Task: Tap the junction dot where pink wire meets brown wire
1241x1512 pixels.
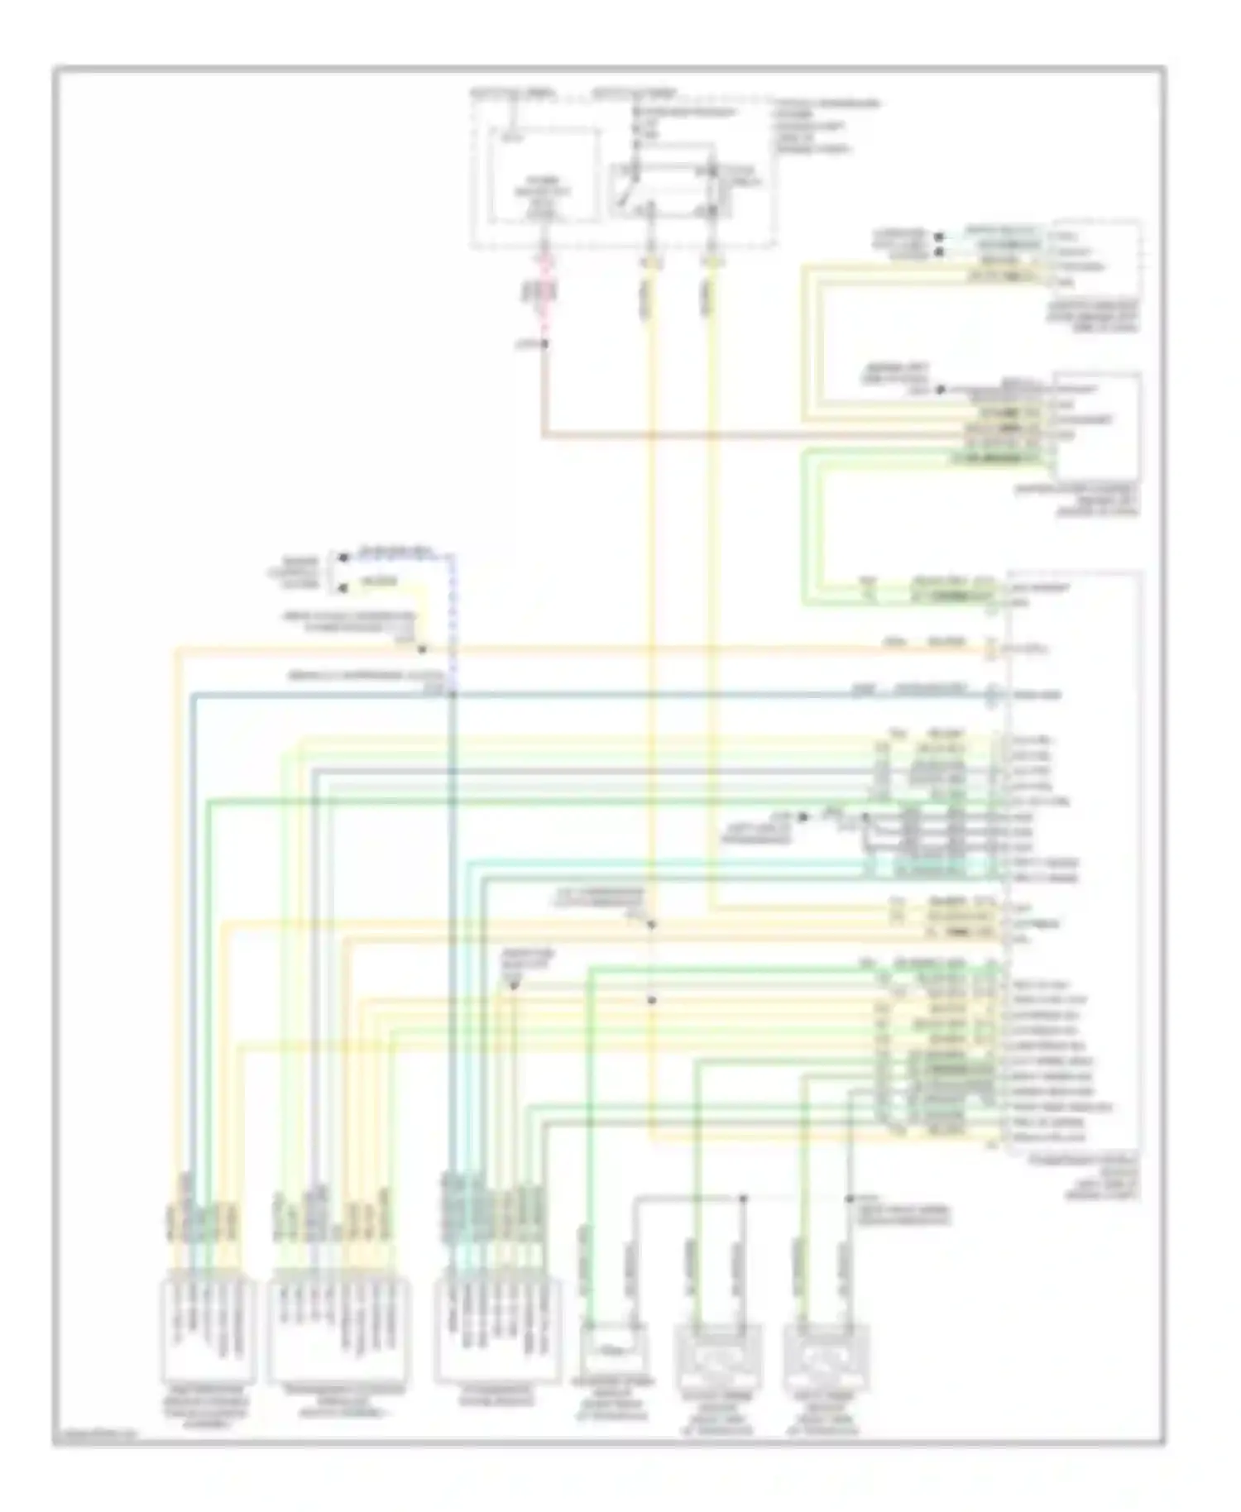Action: tap(545, 342)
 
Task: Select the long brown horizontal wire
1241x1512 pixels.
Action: tap(745, 434)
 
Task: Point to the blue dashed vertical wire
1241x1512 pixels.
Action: tap(452, 620)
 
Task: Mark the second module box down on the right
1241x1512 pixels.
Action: tap(1097, 426)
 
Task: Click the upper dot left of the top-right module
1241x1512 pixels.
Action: tap(939, 236)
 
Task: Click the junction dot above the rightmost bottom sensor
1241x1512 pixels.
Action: tap(849, 1199)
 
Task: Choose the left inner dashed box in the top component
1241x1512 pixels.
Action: tap(544, 175)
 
